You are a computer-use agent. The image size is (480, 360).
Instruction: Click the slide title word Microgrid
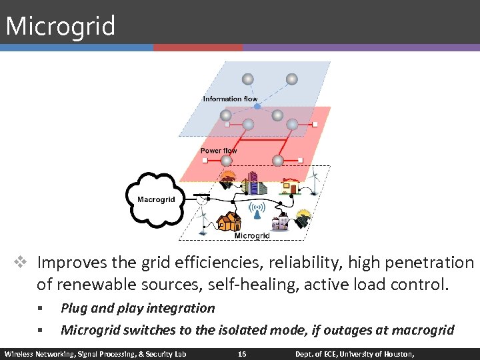click(x=60, y=27)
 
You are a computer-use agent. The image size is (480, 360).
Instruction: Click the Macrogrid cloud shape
click(x=156, y=199)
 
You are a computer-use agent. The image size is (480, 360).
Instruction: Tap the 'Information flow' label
click(x=230, y=99)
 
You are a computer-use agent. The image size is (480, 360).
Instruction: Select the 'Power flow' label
click(x=218, y=151)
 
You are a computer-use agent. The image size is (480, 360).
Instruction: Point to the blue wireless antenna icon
click(x=257, y=209)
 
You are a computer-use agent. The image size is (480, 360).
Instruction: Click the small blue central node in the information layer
click(x=257, y=107)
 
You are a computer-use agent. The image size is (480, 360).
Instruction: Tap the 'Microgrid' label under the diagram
click(x=252, y=236)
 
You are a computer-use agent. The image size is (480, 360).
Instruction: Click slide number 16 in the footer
click(x=241, y=353)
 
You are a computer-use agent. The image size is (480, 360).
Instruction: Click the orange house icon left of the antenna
click(x=229, y=220)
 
